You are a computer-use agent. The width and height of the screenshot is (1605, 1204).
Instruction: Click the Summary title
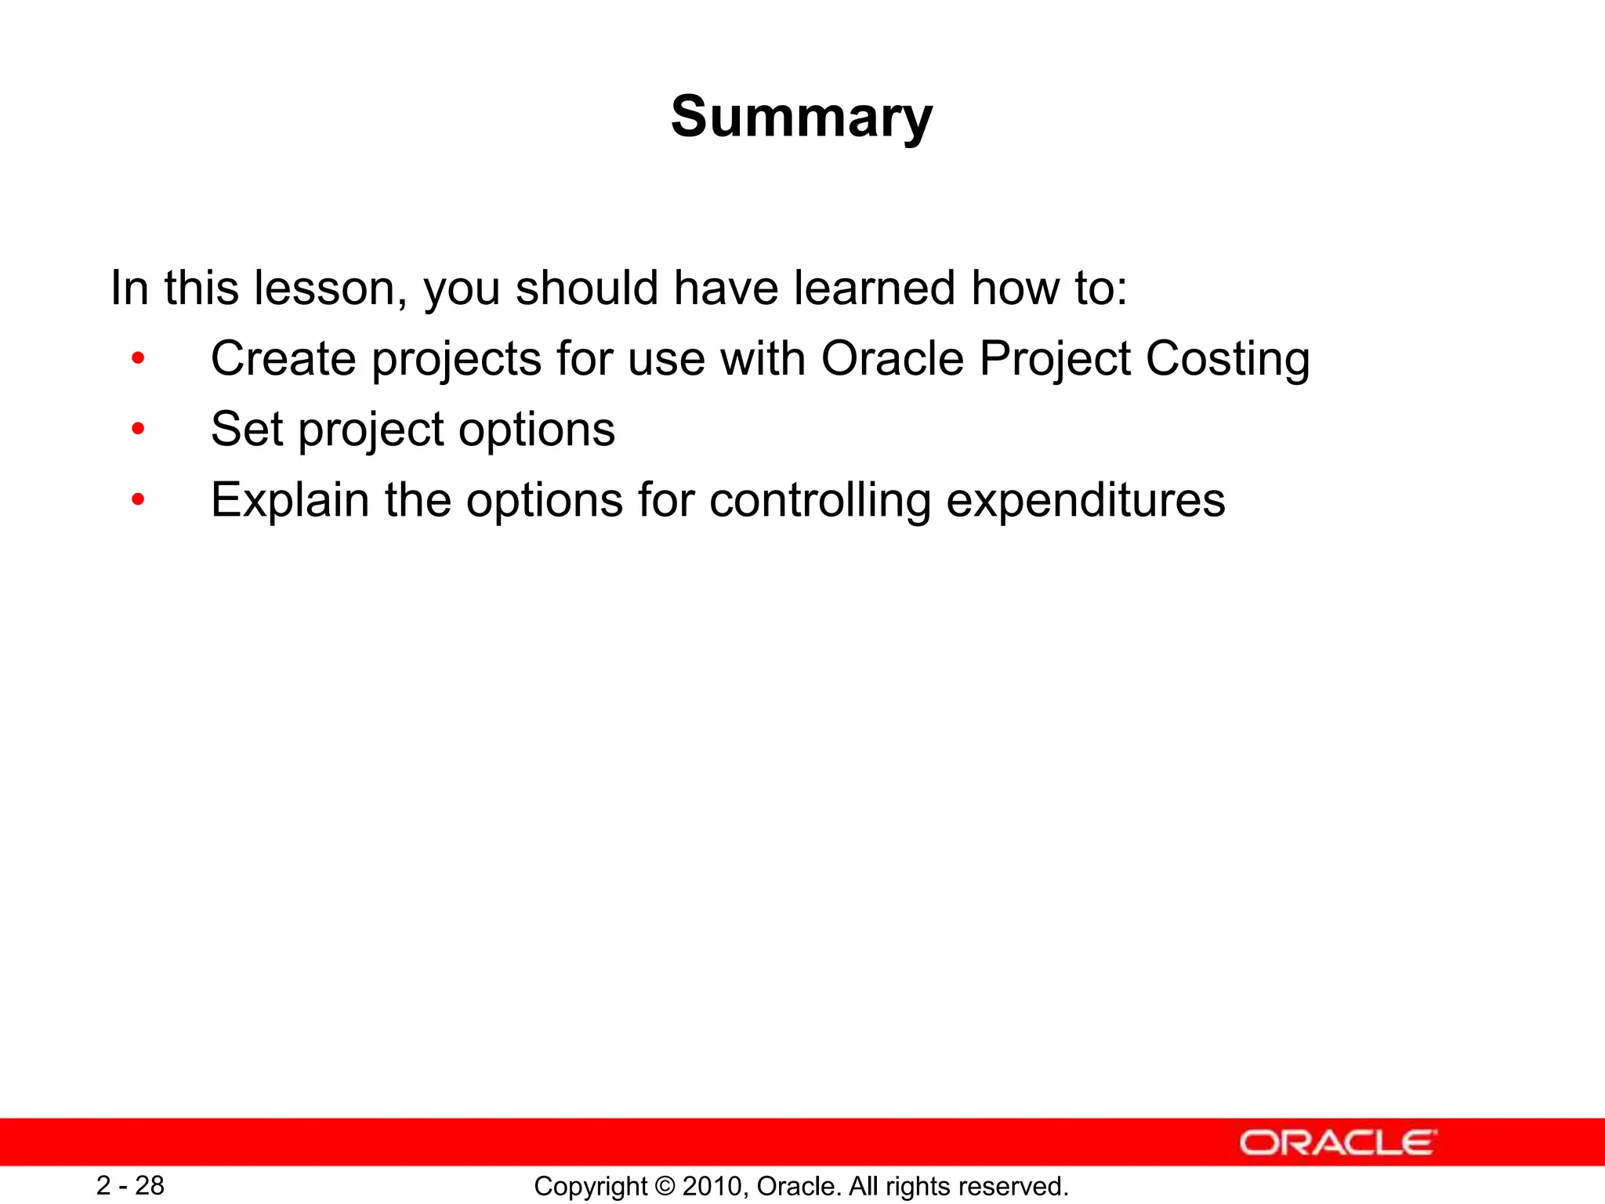click(802, 118)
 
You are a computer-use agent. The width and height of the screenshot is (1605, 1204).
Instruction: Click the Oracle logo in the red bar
click(1337, 1143)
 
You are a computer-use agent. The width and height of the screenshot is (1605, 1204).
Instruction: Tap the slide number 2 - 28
click(130, 1185)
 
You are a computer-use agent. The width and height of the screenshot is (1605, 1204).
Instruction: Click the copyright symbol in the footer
click(665, 1186)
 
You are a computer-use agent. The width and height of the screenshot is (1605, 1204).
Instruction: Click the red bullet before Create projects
click(138, 359)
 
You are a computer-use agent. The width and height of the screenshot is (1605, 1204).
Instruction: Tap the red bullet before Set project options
click(138, 430)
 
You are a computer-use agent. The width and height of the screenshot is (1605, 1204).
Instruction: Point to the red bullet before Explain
click(138, 500)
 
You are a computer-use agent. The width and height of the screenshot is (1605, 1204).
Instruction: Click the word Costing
click(1227, 359)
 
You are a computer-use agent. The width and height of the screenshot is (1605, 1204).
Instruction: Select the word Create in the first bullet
click(283, 359)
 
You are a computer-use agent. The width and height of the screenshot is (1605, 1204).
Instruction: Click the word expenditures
click(1085, 500)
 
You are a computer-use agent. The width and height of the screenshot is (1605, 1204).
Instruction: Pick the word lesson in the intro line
click(329, 288)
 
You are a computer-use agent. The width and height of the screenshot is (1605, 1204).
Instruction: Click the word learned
click(875, 288)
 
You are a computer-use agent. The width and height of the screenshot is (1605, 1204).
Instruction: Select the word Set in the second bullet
click(246, 430)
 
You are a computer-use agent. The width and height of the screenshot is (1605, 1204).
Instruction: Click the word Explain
click(290, 500)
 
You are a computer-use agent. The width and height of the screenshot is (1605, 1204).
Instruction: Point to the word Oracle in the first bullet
click(892, 359)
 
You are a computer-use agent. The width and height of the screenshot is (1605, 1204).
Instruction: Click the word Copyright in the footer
click(591, 1186)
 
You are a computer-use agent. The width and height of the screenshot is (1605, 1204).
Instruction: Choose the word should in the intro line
click(586, 288)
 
